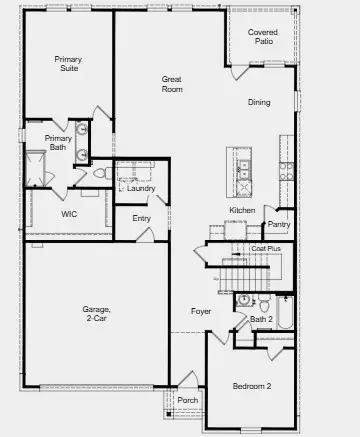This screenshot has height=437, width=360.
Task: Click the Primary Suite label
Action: pos(68,65)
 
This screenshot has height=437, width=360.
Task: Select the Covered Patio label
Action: pos(263,37)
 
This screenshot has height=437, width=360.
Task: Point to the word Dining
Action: pos(259,102)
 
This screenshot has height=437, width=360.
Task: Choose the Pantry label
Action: pos(279,224)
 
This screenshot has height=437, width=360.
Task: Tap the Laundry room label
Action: pos(141,187)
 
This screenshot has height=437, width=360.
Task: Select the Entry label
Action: pos(141,219)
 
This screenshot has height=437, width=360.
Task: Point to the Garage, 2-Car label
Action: pos(97,315)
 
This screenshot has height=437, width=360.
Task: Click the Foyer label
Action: pos(201,311)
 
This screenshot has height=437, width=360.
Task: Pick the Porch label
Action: pos(187,401)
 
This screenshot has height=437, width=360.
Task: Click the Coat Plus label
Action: pos(265,249)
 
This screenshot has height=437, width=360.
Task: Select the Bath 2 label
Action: pos(261,319)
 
